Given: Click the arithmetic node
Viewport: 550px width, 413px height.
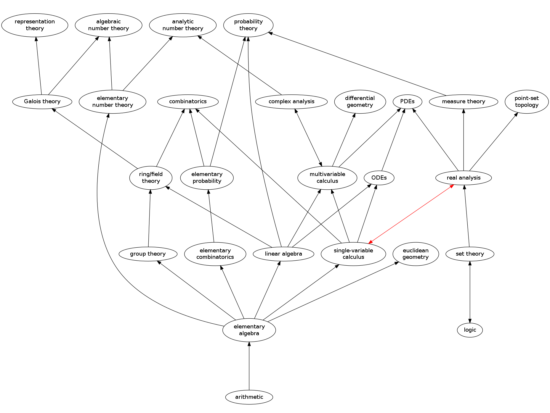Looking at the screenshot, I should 249,397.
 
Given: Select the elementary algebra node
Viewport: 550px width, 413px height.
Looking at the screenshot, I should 249,330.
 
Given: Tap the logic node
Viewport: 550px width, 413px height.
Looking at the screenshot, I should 470,330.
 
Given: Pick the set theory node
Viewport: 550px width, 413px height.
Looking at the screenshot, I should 470,254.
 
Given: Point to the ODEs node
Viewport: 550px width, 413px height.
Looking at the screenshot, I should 379,178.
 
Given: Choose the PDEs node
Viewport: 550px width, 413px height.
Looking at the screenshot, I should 407,101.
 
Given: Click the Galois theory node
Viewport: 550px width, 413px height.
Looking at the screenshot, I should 42,101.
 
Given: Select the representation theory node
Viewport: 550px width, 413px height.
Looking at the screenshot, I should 35,25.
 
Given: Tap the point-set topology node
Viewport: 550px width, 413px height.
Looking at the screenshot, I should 526,101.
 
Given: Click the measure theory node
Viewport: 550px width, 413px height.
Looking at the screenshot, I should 464,101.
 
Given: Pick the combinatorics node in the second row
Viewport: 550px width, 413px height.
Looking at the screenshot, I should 188,101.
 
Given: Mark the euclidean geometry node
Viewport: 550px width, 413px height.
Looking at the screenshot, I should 416,254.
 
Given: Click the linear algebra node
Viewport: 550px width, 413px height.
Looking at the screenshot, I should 283,254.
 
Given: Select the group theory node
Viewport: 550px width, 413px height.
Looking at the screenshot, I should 148,254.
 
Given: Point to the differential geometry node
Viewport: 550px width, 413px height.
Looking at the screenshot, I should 360,101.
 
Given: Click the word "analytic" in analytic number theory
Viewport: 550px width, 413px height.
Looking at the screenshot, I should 183,22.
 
